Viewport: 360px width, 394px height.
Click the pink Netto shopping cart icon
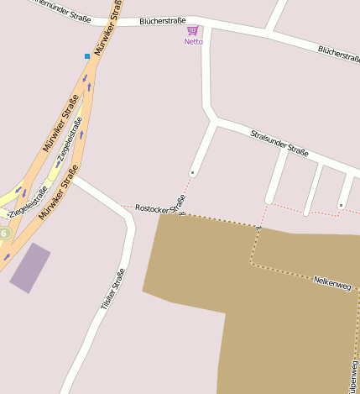(x=193, y=30)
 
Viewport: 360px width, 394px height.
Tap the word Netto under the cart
(x=194, y=41)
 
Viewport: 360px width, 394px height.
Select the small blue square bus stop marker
(x=86, y=56)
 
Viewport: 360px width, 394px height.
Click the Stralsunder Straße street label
(x=279, y=142)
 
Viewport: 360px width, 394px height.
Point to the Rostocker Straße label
(x=159, y=208)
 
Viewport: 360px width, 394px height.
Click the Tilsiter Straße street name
(x=112, y=290)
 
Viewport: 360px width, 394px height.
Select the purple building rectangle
(x=30, y=267)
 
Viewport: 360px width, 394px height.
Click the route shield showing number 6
(x=3, y=233)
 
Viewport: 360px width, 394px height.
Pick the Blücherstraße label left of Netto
(x=162, y=19)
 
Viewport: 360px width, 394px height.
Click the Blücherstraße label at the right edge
(x=338, y=54)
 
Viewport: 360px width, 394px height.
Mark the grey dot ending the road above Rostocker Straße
(x=192, y=172)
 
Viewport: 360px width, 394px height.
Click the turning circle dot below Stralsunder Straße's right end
(x=341, y=204)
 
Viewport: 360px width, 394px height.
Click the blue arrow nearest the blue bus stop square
(x=85, y=80)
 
